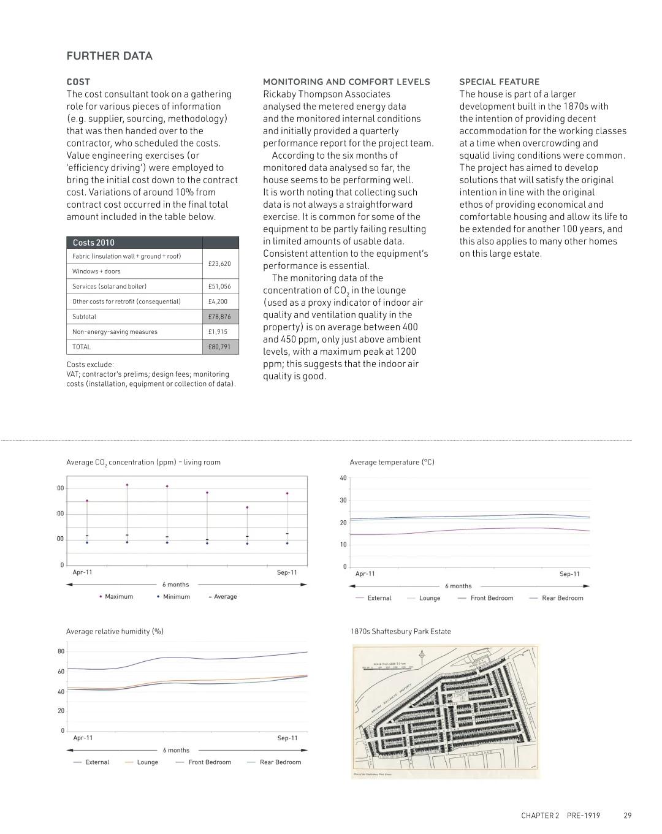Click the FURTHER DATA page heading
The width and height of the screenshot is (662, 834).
point(109,56)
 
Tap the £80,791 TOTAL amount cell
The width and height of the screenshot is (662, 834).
point(219,347)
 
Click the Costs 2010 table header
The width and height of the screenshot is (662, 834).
point(93,243)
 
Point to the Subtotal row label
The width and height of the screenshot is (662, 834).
point(84,317)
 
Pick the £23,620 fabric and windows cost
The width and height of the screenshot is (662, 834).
point(219,263)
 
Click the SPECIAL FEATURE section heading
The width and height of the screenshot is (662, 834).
point(500,82)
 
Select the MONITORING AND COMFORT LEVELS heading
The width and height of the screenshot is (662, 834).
point(346,82)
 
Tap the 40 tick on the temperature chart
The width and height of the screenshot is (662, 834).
point(343,478)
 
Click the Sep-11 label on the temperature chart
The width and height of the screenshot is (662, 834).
point(569,574)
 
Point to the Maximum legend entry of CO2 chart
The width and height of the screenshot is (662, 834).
point(118,597)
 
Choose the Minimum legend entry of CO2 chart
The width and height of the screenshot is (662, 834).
point(177,597)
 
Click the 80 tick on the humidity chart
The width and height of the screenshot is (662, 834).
point(61,651)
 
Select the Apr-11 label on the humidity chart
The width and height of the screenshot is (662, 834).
point(83,738)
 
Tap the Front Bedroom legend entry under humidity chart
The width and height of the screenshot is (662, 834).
point(210,762)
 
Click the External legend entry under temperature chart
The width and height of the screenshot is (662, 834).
point(379,598)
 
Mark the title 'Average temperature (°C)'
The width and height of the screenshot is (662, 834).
point(392,462)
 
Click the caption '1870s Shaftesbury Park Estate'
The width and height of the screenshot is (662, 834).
point(400,631)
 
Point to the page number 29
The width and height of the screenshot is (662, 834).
point(627,816)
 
